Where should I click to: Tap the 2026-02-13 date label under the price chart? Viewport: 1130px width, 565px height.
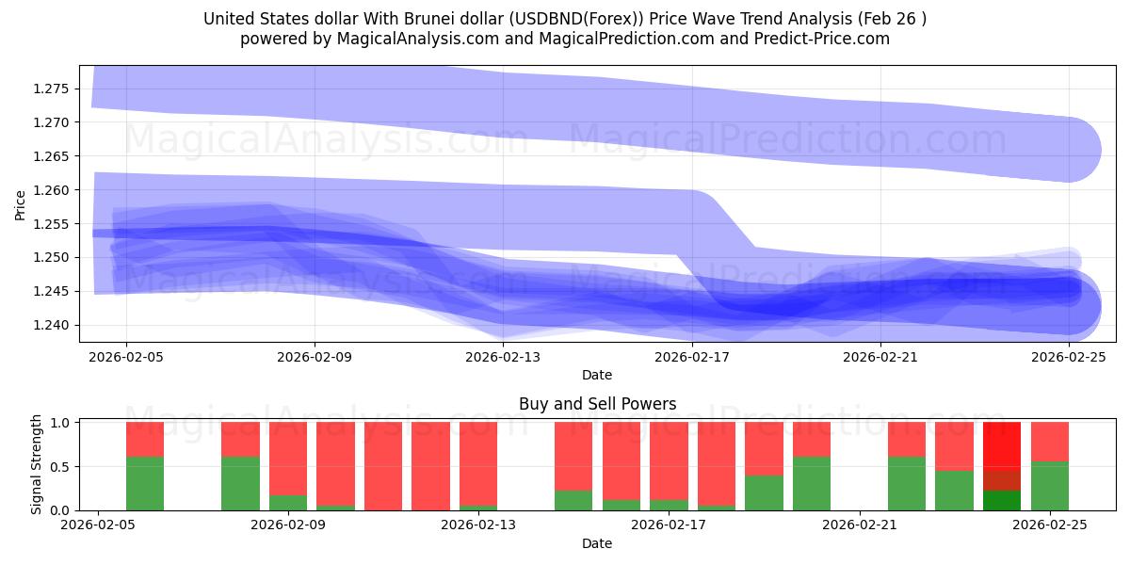click(x=503, y=357)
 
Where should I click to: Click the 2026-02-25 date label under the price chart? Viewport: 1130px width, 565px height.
click(x=1068, y=357)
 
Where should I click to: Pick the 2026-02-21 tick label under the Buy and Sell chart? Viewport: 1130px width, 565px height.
click(x=860, y=525)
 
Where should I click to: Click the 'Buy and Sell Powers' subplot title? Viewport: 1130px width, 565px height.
click(x=597, y=404)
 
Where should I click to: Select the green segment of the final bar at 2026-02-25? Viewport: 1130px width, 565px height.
click(x=1049, y=486)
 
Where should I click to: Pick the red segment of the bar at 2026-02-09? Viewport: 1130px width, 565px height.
click(x=288, y=458)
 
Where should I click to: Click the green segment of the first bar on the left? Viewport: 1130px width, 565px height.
click(x=145, y=483)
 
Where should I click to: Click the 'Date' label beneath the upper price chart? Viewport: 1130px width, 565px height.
click(x=597, y=375)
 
